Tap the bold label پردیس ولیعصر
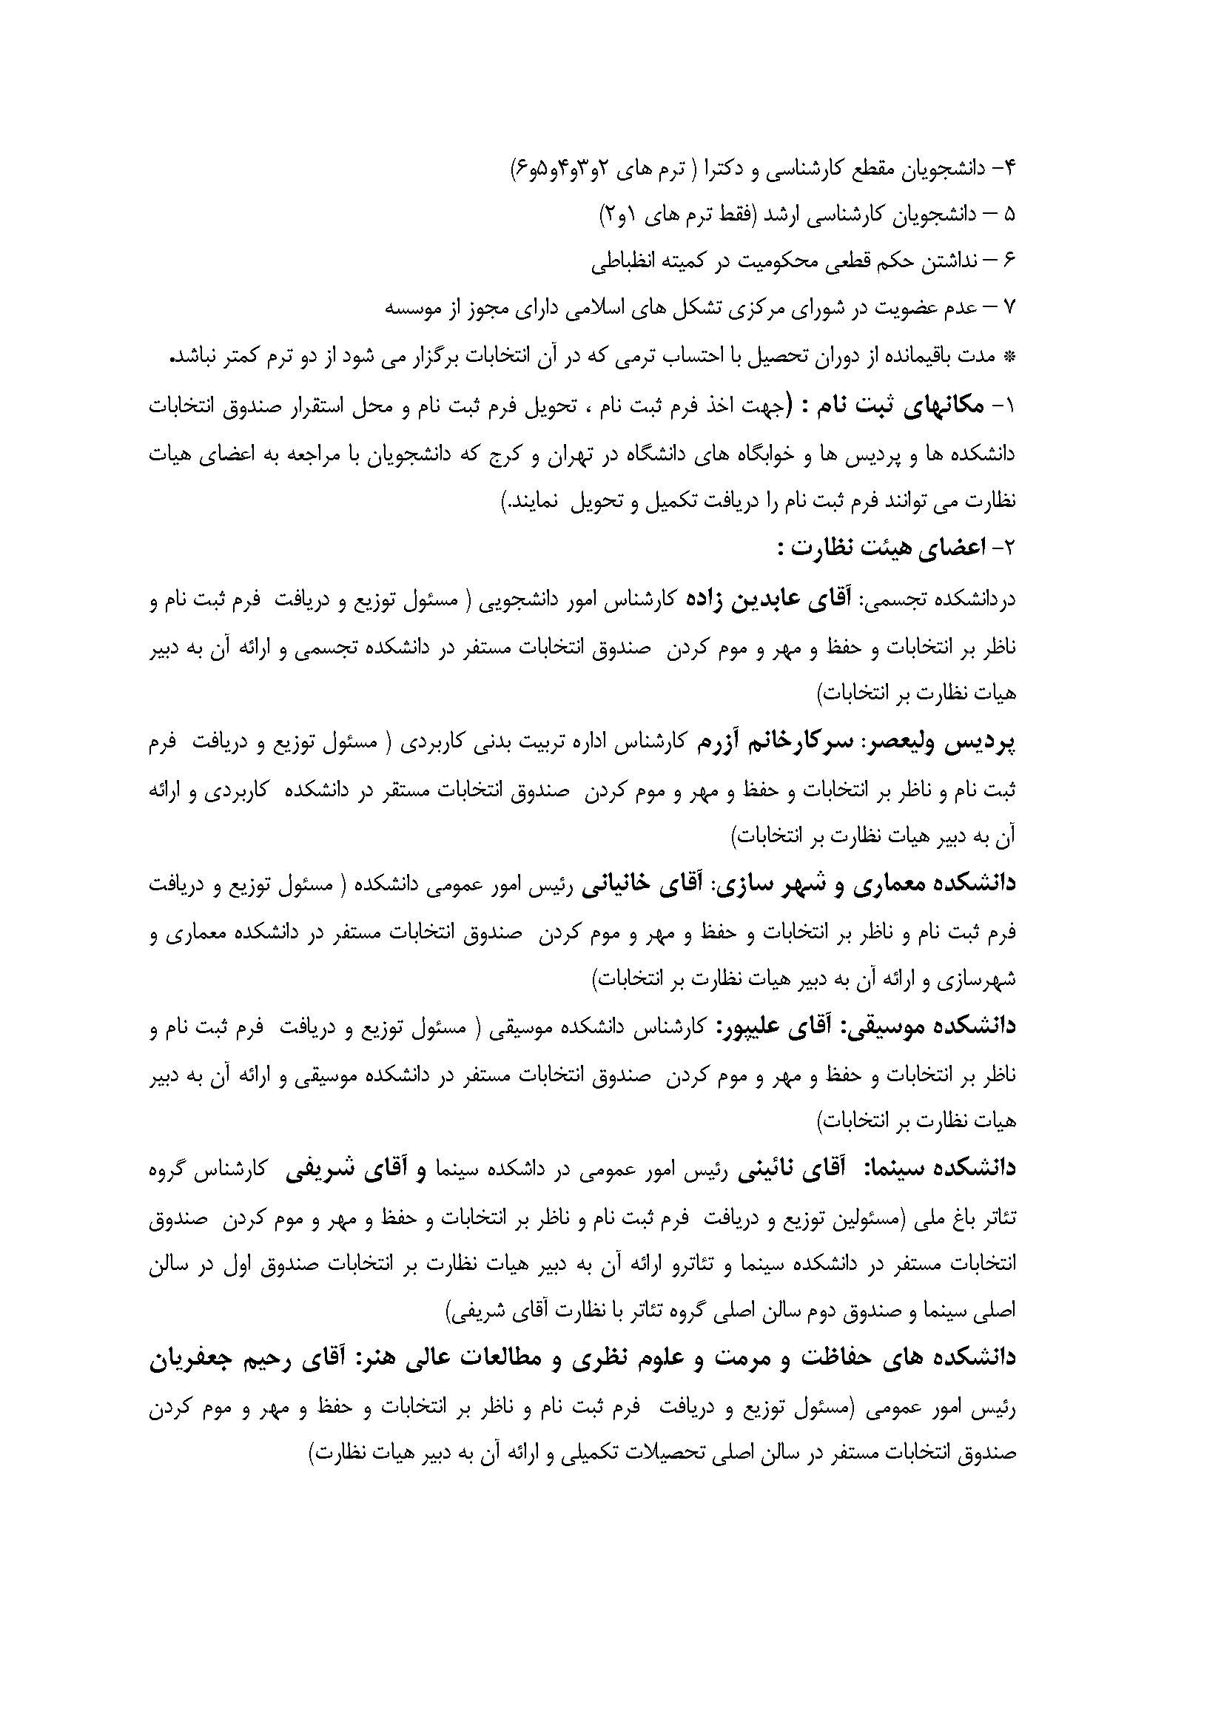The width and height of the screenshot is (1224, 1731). pyautogui.click(x=953, y=742)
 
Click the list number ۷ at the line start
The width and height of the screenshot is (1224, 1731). pyautogui.click(x=1011, y=310)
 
